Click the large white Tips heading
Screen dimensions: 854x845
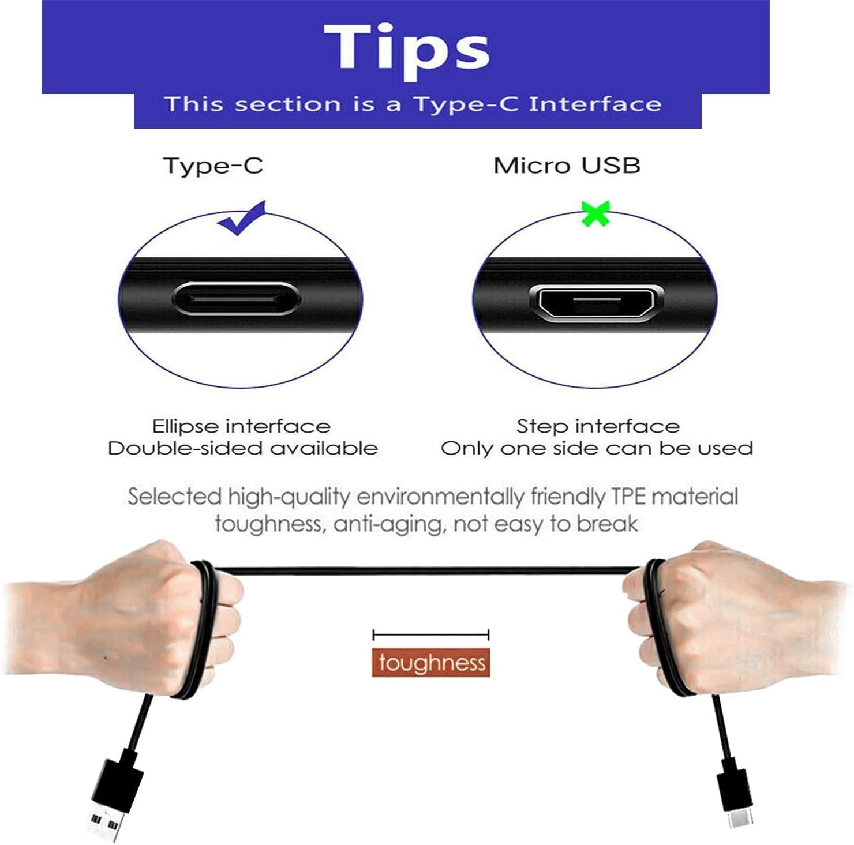tap(407, 49)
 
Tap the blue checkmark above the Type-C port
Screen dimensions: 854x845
tap(242, 218)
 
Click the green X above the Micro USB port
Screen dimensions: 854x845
tap(595, 213)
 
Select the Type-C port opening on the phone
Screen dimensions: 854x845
tap(236, 299)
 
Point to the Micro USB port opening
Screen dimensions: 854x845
tap(595, 303)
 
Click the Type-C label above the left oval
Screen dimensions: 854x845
tap(213, 166)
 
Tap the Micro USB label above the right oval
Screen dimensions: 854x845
tap(567, 166)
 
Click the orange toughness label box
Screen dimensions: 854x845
tap(431, 662)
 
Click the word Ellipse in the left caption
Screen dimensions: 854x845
tap(186, 427)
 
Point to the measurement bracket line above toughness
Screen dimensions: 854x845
tap(431, 636)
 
